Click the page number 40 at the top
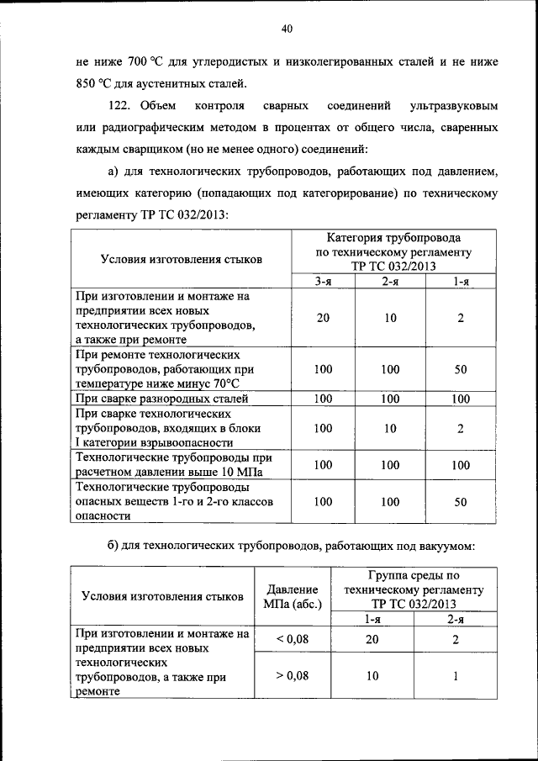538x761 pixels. pyautogui.click(x=287, y=29)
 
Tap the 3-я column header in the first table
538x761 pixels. pyautogui.click(x=323, y=283)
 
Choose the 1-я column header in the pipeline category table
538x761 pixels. pyautogui.click(x=460, y=283)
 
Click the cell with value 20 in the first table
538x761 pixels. pyautogui.click(x=323, y=319)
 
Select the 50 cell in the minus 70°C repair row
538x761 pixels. pyautogui.click(x=460, y=369)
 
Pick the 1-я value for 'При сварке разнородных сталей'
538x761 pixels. pyautogui.click(x=460, y=399)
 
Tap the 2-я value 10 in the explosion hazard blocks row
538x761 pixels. pyautogui.click(x=390, y=429)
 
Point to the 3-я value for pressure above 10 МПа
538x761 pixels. pyautogui.click(x=323, y=464)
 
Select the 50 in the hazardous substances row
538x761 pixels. pyautogui.click(x=460, y=502)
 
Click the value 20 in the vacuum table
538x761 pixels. pyautogui.click(x=372, y=640)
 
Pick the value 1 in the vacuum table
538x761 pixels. pyautogui.click(x=454, y=674)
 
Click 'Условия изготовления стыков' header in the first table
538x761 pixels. pyautogui.click(x=181, y=259)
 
